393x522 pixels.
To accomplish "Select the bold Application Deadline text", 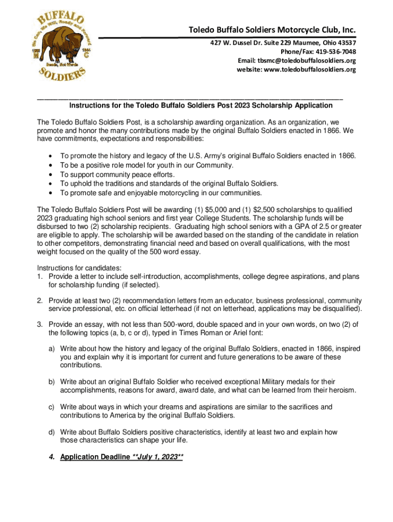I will click(95, 457).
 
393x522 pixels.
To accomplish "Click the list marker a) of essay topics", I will click(52, 349).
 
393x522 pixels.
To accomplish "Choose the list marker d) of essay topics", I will click(52, 432).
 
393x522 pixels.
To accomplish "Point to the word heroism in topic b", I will click(342, 390).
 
